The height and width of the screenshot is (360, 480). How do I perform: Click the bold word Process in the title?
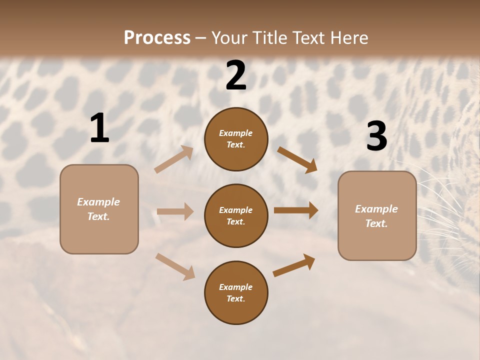pyautogui.click(x=157, y=37)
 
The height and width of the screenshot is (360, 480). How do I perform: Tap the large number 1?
pyautogui.click(x=99, y=128)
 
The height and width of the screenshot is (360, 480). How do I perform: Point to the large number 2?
pyautogui.click(x=236, y=75)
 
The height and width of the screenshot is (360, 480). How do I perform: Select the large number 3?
pyautogui.click(x=376, y=136)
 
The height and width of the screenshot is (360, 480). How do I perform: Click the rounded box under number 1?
pyautogui.click(x=99, y=209)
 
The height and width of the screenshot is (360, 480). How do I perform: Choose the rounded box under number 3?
pyautogui.click(x=377, y=216)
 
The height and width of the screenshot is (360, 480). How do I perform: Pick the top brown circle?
pyautogui.click(x=236, y=139)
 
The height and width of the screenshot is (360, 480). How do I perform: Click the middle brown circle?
pyautogui.click(x=236, y=216)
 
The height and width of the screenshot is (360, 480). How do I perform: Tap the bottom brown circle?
pyautogui.click(x=236, y=293)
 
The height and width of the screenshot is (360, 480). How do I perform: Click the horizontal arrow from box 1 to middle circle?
pyautogui.click(x=175, y=211)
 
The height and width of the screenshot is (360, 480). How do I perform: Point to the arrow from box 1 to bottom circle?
pyautogui.click(x=175, y=266)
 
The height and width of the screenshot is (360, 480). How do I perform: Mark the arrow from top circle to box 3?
pyautogui.click(x=297, y=159)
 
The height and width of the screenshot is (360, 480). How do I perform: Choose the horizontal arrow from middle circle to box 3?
pyautogui.click(x=296, y=210)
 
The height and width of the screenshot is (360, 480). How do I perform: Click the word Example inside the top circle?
pyautogui.click(x=236, y=133)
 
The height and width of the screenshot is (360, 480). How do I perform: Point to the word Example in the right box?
pyautogui.click(x=376, y=209)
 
